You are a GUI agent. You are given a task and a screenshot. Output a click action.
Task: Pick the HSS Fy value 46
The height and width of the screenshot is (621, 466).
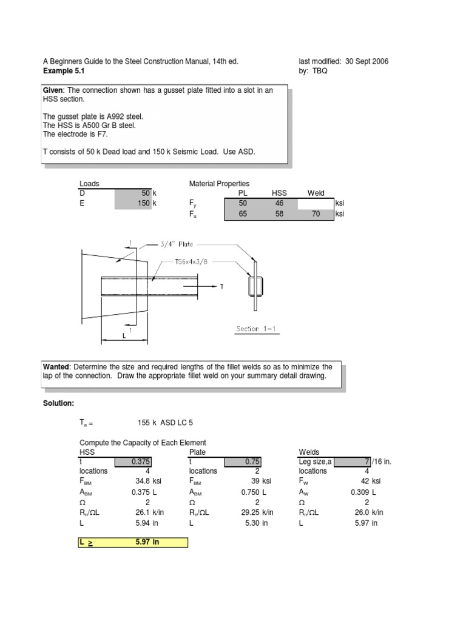[x=279, y=203]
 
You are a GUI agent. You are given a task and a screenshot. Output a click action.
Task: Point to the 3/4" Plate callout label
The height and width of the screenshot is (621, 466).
[x=177, y=244]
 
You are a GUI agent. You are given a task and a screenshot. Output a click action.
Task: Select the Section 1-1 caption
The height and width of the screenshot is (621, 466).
[x=256, y=329]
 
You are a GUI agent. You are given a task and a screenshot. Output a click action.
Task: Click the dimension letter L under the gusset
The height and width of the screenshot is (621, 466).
[x=124, y=335]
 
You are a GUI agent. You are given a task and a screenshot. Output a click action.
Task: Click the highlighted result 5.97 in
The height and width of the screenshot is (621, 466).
[x=147, y=543]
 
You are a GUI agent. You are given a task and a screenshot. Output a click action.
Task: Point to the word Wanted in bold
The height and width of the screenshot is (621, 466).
[x=56, y=367]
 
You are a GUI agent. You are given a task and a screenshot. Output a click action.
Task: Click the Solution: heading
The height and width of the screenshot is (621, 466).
[x=58, y=403]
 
